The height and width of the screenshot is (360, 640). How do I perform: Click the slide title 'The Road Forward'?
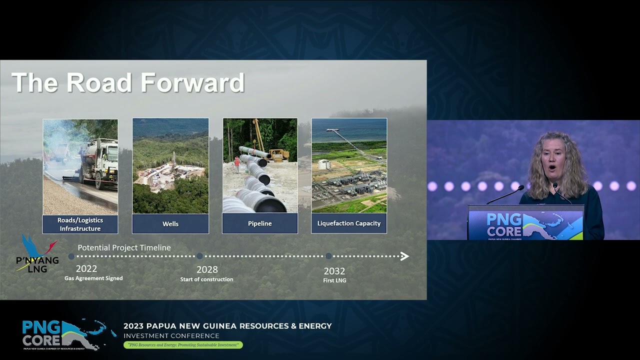128,83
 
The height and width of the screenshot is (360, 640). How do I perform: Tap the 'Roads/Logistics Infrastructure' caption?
80,224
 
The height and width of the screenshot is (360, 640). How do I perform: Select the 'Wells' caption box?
170,223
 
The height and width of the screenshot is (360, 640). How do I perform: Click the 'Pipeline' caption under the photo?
260,223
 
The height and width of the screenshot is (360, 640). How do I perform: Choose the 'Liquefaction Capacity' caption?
349,223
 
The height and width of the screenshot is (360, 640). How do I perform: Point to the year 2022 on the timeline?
86,269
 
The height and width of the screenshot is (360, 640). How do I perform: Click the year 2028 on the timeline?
207,269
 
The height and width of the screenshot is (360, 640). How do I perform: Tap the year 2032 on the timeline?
334,271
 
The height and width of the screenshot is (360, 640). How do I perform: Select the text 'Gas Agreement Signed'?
93,278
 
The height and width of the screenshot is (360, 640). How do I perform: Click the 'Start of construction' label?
206,279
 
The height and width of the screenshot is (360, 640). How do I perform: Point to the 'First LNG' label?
334,280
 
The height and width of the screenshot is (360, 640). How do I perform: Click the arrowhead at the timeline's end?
404,256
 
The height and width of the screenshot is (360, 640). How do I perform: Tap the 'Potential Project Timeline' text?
124,247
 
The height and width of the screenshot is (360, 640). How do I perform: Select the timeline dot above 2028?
199,256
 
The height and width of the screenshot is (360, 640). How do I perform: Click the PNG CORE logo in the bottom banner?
62,334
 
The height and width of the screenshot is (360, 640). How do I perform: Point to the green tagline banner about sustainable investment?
183,345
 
